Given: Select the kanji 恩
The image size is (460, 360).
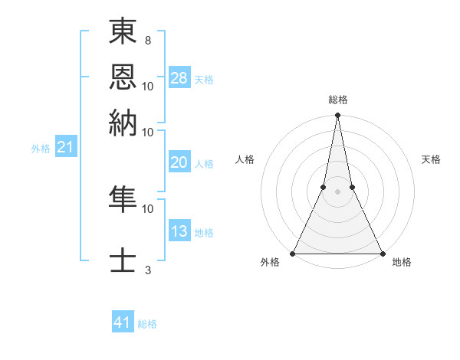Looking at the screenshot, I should click(123, 77).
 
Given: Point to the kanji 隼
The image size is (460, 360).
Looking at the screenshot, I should click(123, 199).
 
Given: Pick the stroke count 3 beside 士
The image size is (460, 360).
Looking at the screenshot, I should click(147, 270).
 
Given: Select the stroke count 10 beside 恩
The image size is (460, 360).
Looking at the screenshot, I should click(148, 85).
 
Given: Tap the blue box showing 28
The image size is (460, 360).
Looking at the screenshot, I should click(179, 77).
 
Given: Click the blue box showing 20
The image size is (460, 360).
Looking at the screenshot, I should click(179, 162).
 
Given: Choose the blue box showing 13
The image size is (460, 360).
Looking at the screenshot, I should click(179, 231).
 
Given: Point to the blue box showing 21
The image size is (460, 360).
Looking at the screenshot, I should click(65, 147).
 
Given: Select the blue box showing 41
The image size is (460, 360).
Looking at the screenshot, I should click(123, 322).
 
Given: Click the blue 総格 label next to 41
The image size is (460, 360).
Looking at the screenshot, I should click(148, 324).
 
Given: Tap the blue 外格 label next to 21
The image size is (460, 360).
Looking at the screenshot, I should click(41, 149).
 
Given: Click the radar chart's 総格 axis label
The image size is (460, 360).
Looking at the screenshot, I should click(338, 100).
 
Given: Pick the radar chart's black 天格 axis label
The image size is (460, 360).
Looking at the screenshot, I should click(432, 159).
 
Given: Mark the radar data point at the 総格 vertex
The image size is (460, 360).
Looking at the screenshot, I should click(338, 116).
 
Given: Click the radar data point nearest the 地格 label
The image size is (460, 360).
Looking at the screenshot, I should click(382, 253).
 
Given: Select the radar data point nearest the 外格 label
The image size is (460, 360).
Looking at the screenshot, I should click(294, 253).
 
